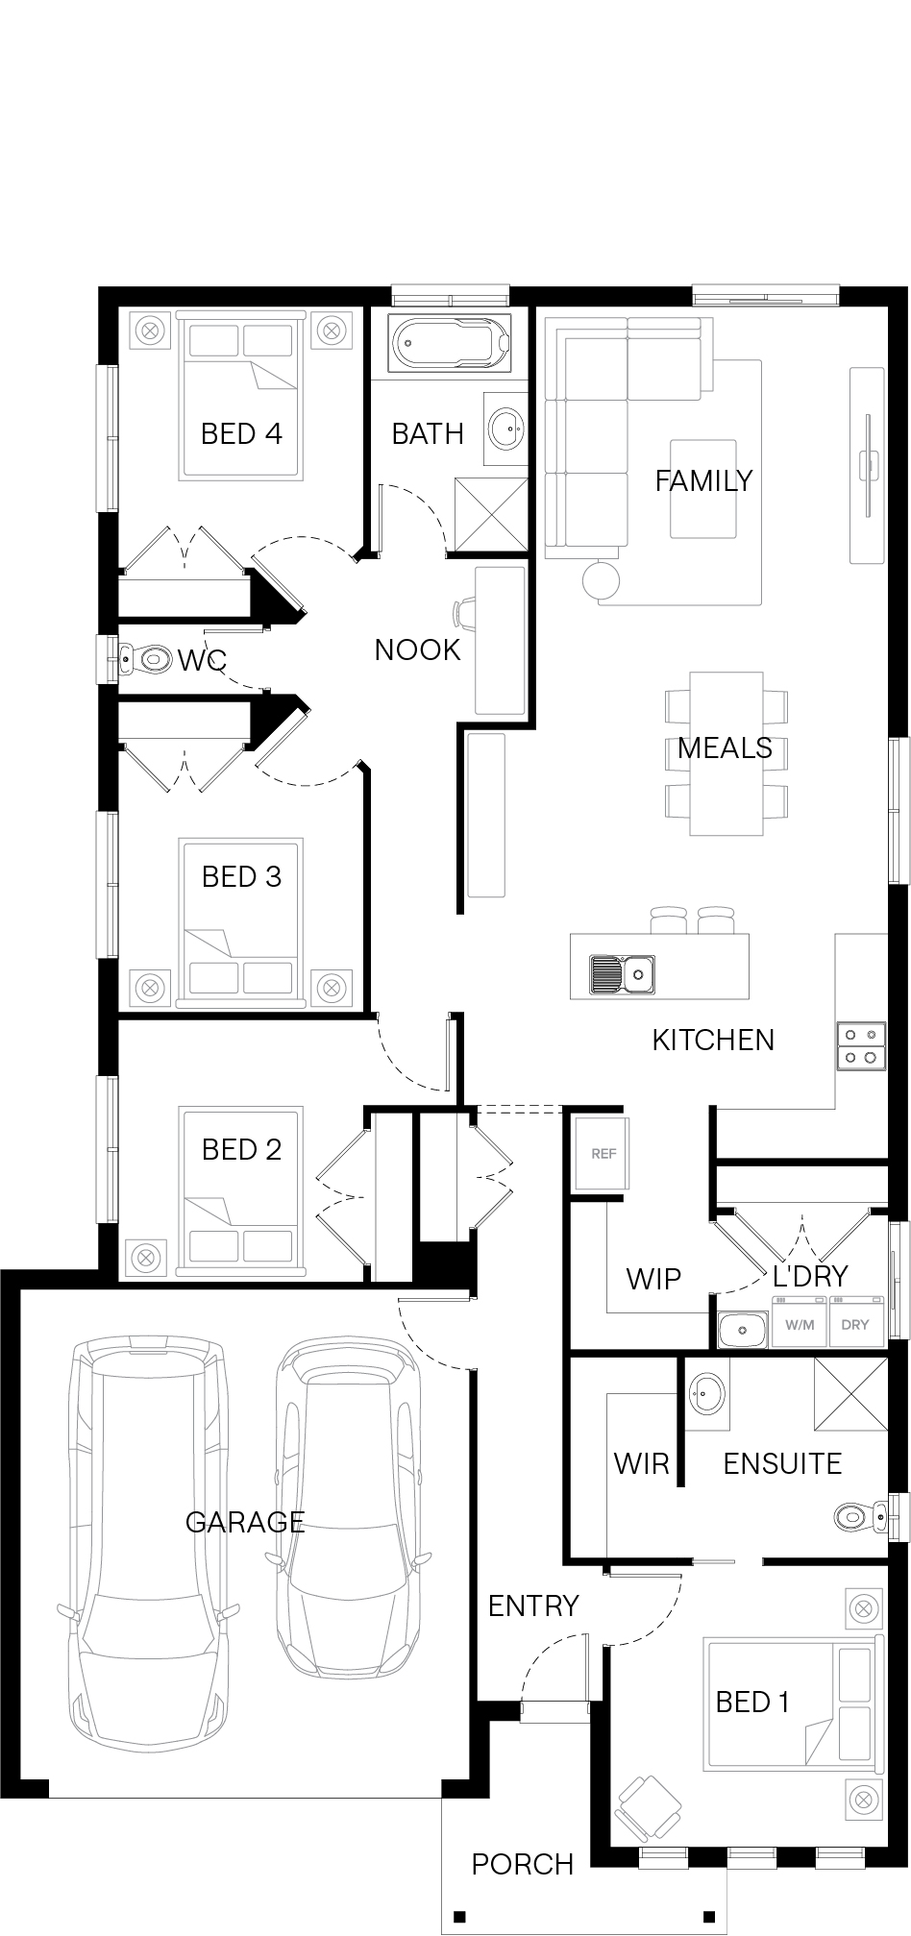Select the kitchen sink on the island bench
(x=623, y=974)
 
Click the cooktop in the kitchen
(x=860, y=1045)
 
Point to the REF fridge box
(x=603, y=1153)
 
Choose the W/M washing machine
(x=800, y=1323)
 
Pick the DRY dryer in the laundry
(x=855, y=1323)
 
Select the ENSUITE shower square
(x=850, y=1393)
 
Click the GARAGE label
(x=245, y=1521)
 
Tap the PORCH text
(x=523, y=1865)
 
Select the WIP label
(x=653, y=1279)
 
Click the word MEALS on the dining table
(x=725, y=747)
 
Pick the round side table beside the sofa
(x=601, y=579)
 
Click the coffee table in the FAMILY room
(x=703, y=488)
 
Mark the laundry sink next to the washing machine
(x=743, y=1330)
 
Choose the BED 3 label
(x=241, y=876)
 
